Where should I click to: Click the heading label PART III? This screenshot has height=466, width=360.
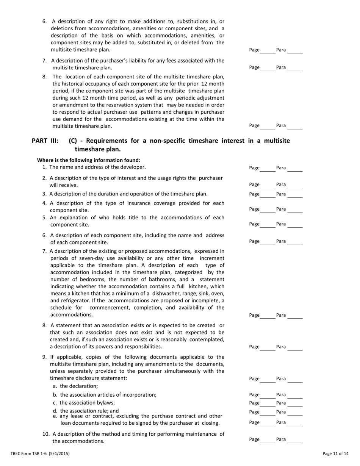coord(45,141)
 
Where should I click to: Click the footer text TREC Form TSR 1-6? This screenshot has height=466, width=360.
coord(40,453)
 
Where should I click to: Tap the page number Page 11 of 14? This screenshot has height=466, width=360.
coord(335,453)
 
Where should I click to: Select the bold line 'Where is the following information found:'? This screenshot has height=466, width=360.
coord(89,160)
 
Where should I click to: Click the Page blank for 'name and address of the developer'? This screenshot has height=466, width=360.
coord(268,169)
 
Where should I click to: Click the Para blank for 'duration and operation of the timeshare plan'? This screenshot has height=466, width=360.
coord(295,195)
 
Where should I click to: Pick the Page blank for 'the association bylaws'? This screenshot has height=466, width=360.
coord(268,403)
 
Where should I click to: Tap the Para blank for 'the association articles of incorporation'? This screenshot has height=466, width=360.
coord(295,396)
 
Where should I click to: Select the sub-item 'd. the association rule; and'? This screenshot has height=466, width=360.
coord(86,411)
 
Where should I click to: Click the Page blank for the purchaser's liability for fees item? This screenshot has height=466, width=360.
coord(268,68)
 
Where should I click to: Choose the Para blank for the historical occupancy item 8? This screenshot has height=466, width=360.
coord(295,126)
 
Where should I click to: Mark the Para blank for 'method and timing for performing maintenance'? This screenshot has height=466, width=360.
coord(295,440)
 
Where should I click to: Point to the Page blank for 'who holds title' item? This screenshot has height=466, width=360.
coord(268,225)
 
